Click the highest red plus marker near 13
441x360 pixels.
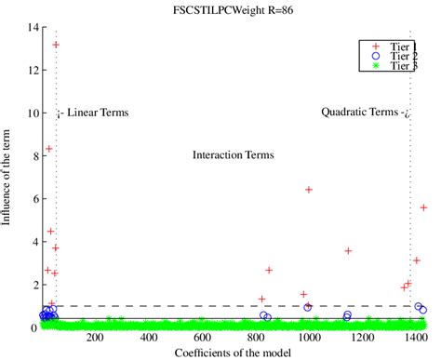tap(56, 45)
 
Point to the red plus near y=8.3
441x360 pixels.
tap(49, 149)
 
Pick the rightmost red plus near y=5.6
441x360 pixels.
tap(424, 207)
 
